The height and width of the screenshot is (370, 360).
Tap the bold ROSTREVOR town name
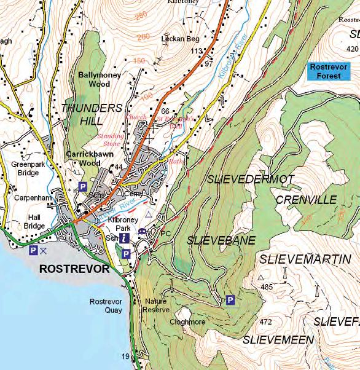74,269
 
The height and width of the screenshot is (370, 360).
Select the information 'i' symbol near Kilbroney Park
125,238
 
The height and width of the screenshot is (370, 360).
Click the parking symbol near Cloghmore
230,300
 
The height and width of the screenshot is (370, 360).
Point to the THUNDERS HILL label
92,114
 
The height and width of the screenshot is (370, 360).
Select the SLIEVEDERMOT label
250,179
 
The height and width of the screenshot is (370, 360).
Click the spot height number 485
266,287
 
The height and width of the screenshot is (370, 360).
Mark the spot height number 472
265,321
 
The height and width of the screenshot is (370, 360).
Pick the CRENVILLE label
307,200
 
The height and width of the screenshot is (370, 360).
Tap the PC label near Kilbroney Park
164,234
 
